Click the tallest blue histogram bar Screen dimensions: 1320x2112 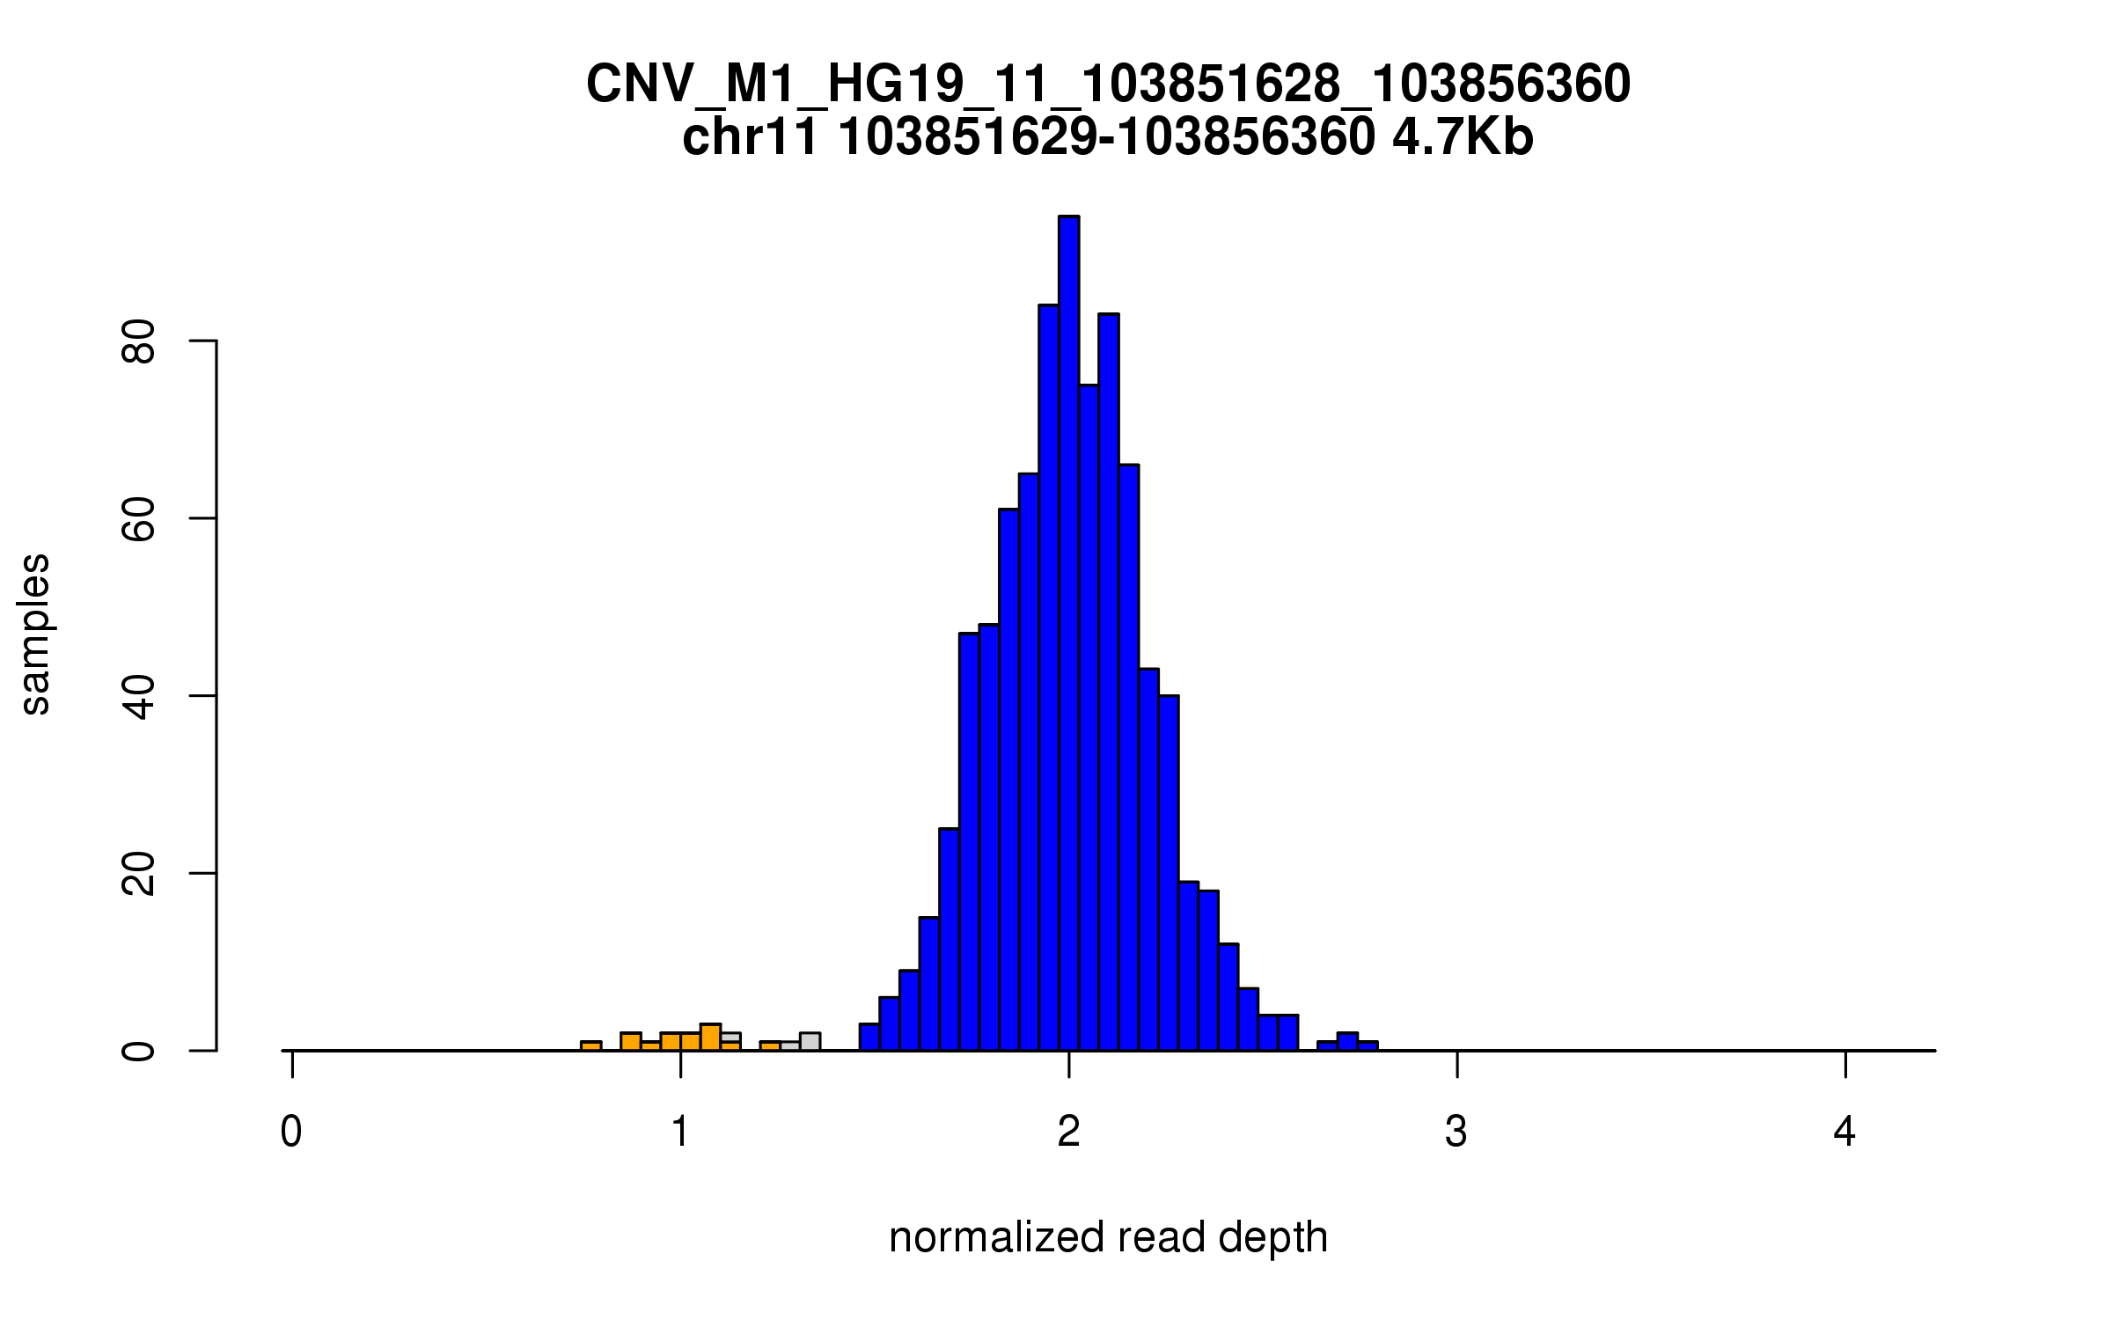(x=1068, y=634)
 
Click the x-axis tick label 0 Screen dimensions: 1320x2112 (x=291, y=1132)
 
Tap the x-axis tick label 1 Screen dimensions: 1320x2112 (x=680, y=1132)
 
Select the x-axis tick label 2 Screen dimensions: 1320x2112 (x=1068, y=1132)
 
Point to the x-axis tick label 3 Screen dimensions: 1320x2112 (x=1456, y=1132)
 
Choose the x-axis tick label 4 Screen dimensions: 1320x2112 (x=1844, y=1132)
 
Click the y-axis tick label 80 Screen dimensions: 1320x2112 (x=139, y=341)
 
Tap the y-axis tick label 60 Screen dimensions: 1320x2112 (x=139, y=518)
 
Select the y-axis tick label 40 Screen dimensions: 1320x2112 (x=139, y=696)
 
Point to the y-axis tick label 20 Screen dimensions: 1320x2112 (x=139, y=874)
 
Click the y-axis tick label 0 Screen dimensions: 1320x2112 (x=139, y=1051)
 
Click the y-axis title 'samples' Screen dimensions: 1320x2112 (x=35, y=634)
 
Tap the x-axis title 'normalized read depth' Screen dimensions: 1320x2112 (x=1108, y=1237)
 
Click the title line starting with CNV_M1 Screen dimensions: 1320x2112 (x=1108, y=84)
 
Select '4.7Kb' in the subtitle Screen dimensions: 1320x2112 (x=1463, y=137)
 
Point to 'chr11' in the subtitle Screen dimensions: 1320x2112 (x=751, y=137)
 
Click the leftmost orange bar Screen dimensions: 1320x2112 (x=591, y=1045)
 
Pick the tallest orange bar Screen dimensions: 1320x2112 (x=710, y=1038)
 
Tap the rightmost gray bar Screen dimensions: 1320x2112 (x=810, y=1042)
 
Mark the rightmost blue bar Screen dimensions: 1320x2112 (x=1368, y=1045)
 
